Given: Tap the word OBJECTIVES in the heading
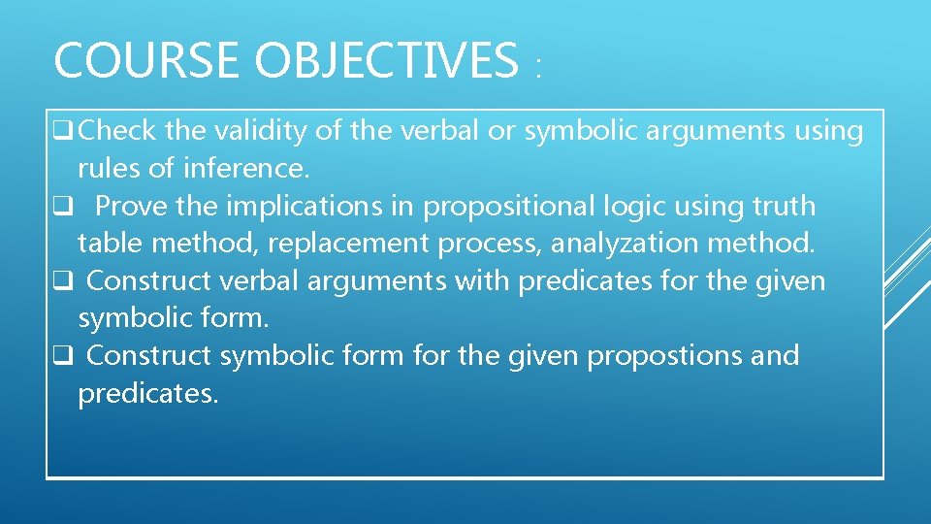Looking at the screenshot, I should tap(387, 60).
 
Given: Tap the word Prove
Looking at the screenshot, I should tap(131, 206).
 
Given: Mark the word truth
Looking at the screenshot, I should tap(775, 206).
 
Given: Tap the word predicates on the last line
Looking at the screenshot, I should tap(147, 393).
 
